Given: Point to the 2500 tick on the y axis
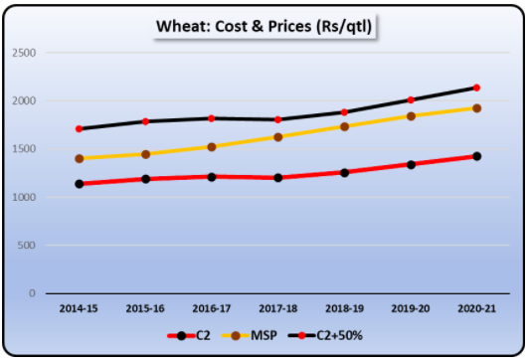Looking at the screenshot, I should tap(24, 53).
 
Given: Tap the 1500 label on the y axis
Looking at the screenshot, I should tap(24, 149).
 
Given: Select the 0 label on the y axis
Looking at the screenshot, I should tap(33, 293).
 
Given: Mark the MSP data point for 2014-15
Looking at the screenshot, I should tap(80, 159).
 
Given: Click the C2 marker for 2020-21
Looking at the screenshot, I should tap(476, 156).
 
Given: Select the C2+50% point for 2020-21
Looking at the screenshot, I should tap(476, 88).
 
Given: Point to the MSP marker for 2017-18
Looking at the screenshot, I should tap(277, 137).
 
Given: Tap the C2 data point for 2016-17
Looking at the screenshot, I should tap(212, 177).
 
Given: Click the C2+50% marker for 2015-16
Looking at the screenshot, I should tap(145, 121).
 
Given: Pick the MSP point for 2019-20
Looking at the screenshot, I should tap(410, 116).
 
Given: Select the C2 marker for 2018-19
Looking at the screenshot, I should tap(344, 172).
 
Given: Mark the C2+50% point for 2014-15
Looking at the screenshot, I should tap(80, 129).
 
